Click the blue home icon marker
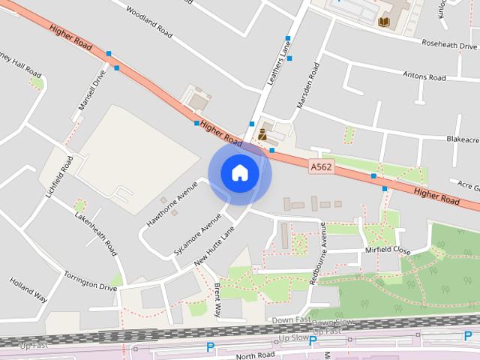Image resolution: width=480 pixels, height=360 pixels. [x=240, y=172]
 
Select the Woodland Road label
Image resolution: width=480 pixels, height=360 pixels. [x=148, y=23]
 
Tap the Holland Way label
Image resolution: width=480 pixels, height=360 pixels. [x=28, y=290]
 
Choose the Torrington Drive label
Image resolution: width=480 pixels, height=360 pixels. [x=91, y=282]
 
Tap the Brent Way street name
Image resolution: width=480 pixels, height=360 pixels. [x=218, y=300]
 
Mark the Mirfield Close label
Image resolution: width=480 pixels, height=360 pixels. [x=388, y=250]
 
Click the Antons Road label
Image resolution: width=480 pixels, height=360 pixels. [x=424, y=76]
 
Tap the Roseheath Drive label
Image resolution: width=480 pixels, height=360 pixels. [x=450, y=44]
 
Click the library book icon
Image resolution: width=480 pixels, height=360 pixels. [x=384, y=22]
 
